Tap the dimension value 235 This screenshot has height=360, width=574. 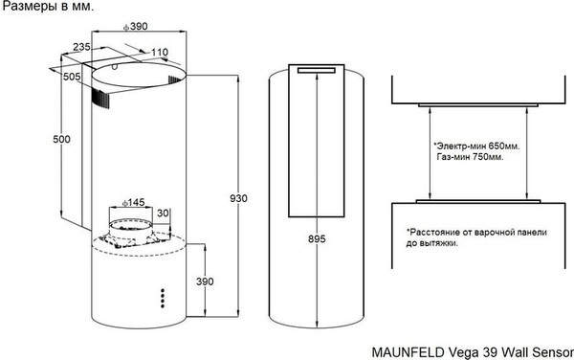point(81,48)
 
